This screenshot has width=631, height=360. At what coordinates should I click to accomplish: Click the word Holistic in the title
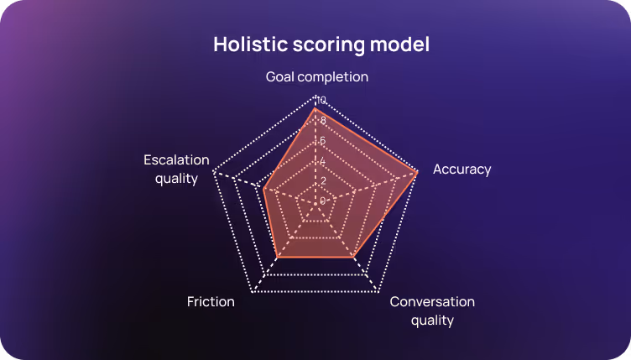248,44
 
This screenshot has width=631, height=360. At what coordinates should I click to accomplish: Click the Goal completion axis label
317,77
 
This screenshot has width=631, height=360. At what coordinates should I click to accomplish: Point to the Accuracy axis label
462,170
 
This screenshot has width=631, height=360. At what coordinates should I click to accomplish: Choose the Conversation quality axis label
432,310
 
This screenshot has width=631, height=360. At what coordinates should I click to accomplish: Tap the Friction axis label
211,301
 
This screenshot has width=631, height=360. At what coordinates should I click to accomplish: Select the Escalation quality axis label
170,169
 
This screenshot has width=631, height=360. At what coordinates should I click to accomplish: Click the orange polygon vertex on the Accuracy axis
417,172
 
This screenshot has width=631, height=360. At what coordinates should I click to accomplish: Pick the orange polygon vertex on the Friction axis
278,256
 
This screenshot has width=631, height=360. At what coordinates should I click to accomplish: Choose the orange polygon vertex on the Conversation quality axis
353,256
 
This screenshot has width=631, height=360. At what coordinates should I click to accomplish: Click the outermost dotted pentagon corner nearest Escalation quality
214,172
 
